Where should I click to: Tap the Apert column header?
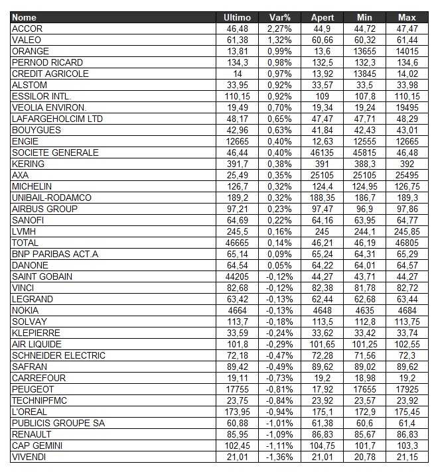click(323, 17)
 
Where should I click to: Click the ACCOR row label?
click(27, 29)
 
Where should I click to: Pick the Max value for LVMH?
click(407, 231)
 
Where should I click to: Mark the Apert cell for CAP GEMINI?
click(323, 445)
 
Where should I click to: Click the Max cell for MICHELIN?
click(407, 186)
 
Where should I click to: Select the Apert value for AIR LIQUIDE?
click(323, 344)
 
